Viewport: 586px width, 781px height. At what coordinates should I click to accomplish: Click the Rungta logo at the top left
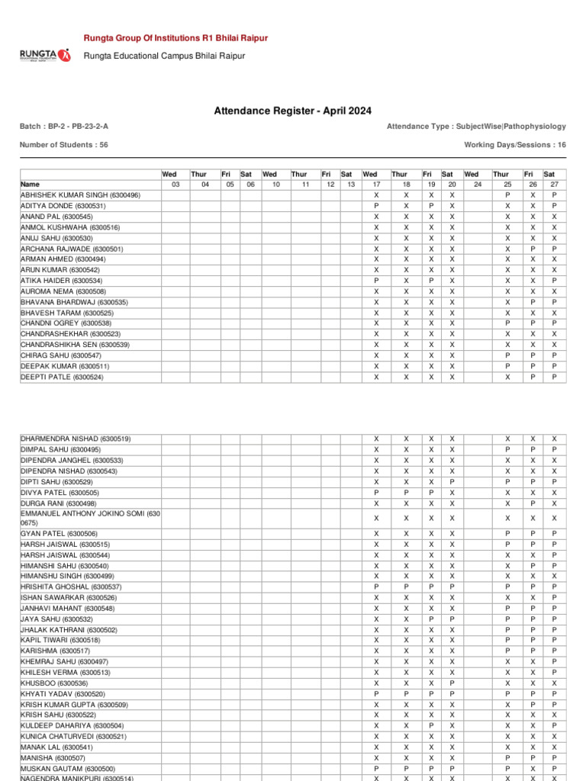point(44,55)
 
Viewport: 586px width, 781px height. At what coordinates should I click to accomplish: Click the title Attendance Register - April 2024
point(293,111)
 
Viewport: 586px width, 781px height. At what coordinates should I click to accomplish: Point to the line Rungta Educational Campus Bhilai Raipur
point(159,56)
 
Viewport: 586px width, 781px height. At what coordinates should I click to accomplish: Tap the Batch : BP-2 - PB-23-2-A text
point(69,127)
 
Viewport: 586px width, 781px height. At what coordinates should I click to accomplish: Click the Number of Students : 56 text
point(64,144)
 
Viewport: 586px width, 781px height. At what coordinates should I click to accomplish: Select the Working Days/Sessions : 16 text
point(515,144)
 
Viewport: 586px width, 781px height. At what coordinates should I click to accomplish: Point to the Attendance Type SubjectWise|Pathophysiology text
point(476,127)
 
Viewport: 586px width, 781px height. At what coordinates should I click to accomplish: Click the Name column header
point(31,185)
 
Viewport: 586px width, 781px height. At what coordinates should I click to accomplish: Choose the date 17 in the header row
point(376,185)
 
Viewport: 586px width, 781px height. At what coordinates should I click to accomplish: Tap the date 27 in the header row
point(554,185)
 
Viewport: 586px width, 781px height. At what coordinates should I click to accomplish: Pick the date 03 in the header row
point(175,185)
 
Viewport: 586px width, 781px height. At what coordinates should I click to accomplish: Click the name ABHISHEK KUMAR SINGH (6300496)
point(80,195)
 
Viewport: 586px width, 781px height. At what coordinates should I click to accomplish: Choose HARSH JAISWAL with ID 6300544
point(65,554)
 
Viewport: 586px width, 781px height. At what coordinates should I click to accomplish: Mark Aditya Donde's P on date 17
point(376,206)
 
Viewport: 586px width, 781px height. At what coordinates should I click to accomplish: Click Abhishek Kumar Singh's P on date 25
point(507,195)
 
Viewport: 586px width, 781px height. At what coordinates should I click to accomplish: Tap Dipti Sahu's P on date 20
point(452,482)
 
